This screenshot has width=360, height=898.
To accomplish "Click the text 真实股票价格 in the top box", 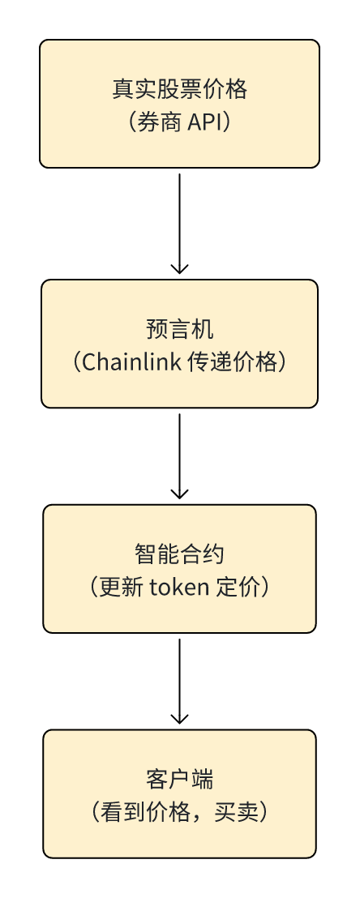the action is [x=179, y=89].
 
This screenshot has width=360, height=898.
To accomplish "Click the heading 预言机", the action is [x=179, y=329].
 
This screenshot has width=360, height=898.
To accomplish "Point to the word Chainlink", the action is [x=132, y=362].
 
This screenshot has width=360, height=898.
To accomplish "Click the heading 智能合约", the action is [x=179, y=554].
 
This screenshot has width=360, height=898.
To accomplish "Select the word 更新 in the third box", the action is [x=121, y=588].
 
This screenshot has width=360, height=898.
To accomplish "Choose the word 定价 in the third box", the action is [x=238, y=588].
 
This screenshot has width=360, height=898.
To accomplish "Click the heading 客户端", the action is [x=179, y=780].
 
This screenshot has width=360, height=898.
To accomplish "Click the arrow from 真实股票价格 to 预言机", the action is [x=179, y=224].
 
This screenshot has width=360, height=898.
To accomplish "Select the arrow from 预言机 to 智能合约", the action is [x=179, y=456].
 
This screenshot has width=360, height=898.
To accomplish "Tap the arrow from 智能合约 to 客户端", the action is [x=179, y=682].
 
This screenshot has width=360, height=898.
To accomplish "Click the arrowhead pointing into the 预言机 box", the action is [x=179, y=268].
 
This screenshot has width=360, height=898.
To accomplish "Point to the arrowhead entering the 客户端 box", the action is [x=179, y=719].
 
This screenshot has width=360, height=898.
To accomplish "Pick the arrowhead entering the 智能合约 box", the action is [x=179, y=494].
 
